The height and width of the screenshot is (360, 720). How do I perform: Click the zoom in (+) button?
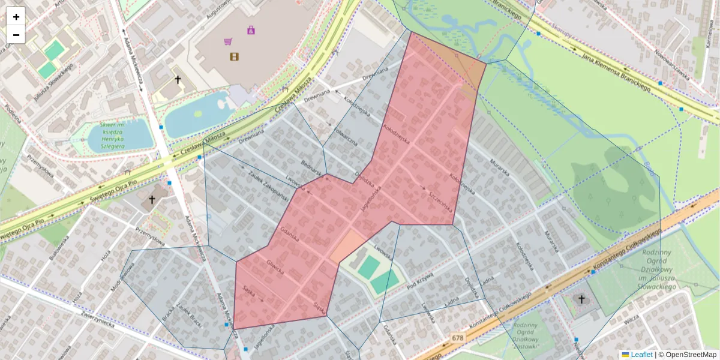tap(16, 17)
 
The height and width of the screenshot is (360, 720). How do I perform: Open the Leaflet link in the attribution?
tap(641, 355)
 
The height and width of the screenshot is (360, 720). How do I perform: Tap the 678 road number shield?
tap(458, 338)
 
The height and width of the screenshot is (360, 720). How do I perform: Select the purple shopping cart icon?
tap(228, 41)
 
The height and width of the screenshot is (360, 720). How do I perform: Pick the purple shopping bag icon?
tap(251, 29)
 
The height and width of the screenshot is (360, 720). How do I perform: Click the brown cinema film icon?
tap(234, 56)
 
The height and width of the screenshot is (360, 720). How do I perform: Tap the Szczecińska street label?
tap(440, 202)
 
